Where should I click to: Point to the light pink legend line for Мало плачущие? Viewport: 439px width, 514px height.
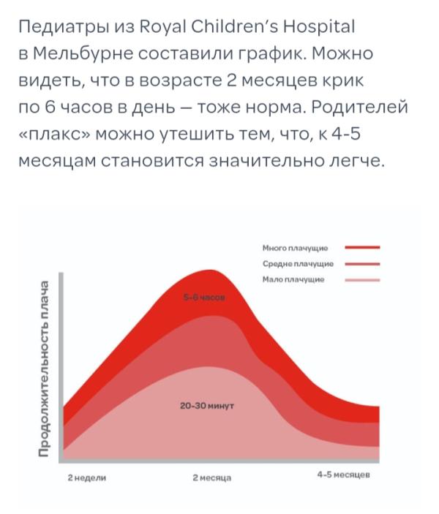click(x=362, y=279)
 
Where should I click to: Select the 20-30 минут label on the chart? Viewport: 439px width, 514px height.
click(x=206, y=404)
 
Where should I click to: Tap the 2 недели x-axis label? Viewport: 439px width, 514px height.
click(x=87, y=477)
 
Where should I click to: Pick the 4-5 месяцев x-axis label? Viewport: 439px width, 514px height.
click(x=343, y=475)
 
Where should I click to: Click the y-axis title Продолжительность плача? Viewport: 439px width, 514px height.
click(x=45, y=369)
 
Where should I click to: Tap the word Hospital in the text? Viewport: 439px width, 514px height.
click(x=319, y=27)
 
